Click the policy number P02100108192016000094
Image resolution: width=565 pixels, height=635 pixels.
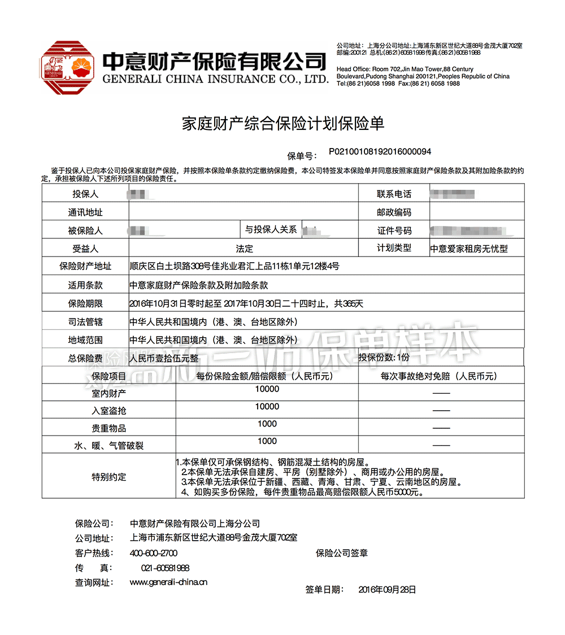[380, 152]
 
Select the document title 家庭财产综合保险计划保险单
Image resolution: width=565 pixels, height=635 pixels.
[282, 124]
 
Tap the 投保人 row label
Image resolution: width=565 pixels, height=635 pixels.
[85, 194]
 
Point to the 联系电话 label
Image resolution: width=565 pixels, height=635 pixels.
[394, 194]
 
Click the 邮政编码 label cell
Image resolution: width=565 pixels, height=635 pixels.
[394, 212]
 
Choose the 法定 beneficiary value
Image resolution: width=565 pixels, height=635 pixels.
[244, 249]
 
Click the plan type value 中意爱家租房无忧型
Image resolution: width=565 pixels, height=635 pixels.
[469, 249]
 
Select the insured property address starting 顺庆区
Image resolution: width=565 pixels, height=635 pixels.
[234, 267]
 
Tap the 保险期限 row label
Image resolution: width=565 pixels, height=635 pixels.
[85, 304]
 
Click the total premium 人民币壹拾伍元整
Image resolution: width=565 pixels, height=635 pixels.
[164, 358]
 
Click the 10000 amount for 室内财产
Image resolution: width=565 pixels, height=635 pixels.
[267, 389]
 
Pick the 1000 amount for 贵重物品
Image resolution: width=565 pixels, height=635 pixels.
[267, 424]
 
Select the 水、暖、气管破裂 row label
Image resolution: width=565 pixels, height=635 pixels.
[108, 446]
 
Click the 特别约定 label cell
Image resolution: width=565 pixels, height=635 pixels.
[108, 477]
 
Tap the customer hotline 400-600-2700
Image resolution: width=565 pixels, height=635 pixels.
[154, 553]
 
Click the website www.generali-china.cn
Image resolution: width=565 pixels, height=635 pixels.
[168, 582]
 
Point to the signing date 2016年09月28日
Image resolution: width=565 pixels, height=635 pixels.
[387, 590]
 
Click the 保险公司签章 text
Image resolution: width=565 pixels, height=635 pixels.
[342, 553]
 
